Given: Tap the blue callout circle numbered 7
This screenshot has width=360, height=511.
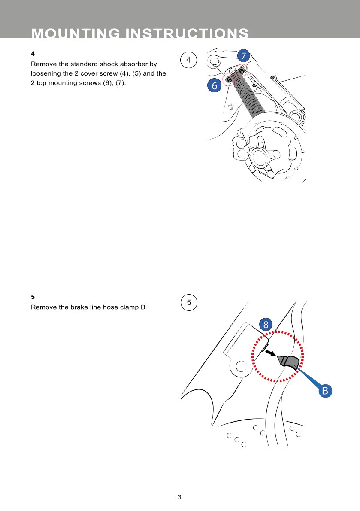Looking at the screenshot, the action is click(243, 56).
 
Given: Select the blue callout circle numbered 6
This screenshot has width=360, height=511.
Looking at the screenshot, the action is click(214, 85).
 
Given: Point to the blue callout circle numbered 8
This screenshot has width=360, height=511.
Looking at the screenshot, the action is click(266, 324).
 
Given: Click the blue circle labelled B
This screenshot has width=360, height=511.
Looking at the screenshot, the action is click(325, 390).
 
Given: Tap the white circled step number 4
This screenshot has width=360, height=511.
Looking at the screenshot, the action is click(188, 60).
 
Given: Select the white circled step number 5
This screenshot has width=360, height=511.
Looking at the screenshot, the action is click(189, 302).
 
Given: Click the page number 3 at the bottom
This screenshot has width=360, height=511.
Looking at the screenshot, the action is click(179, 497).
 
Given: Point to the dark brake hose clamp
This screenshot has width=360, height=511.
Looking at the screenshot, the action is click(288, 362).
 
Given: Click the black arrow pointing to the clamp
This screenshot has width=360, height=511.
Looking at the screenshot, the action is click(270, 353).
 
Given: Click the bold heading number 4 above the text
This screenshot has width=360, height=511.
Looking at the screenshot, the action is click(33, 53).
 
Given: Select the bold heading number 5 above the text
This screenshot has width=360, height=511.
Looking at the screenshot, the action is click(33, 297).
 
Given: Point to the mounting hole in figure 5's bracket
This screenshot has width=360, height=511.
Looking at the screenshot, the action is click(241, 366).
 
